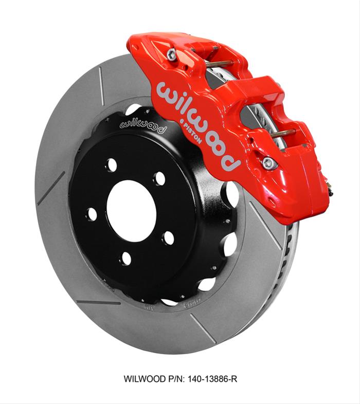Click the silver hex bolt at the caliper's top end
click(172, 53)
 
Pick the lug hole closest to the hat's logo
click(111, 166)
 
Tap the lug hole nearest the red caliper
click(160, 179)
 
